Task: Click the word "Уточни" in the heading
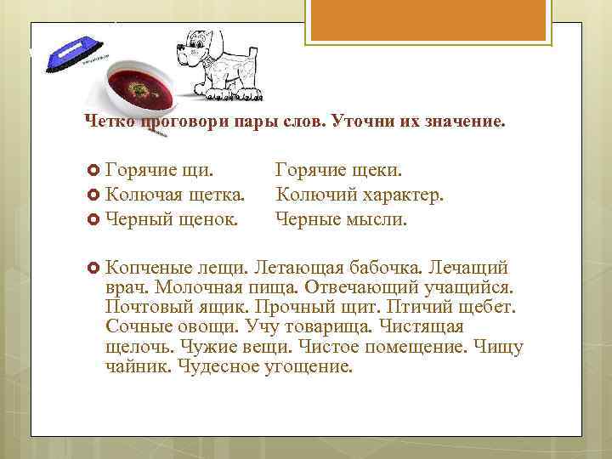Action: pyautogui.click(x=352, y=122)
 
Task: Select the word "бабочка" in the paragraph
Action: pyautogui.click(x=381, y=269)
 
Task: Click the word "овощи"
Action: pyautogui.click(x=207, y=327)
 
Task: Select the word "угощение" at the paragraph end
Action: pyautogui.click(x=308, y=367)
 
